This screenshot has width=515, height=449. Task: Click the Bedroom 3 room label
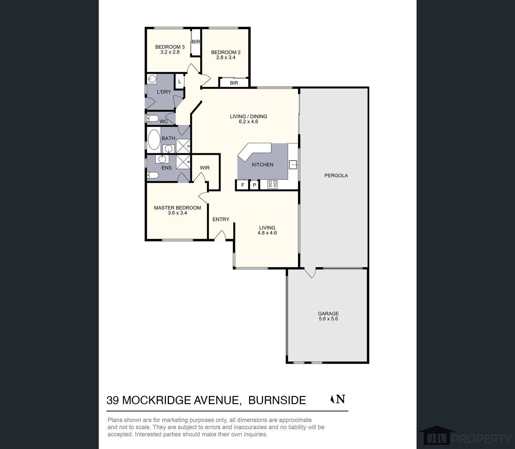(170, 47)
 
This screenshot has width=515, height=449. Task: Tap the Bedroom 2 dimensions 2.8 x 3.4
(226, 57)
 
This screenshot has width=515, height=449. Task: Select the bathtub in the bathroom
(154, 139)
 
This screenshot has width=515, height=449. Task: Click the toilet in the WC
(153, 119)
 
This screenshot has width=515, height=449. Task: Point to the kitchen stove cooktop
(273, 184)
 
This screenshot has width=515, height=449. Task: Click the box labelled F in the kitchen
(243, 185)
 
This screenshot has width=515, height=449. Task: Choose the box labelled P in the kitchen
(254, 185)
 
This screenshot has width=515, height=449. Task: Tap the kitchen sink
(293, 165)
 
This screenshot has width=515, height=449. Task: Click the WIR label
(205, 168)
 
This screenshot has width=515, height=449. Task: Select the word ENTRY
(221, 219)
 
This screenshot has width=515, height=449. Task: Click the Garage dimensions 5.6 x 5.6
(328, 319)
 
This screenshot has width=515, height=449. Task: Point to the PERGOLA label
(336, 176)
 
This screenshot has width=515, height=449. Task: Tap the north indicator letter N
(341, 399)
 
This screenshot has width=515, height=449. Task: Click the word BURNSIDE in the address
(277, 400)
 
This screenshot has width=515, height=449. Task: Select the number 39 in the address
(113, 400)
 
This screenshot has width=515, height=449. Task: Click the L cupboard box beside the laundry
(180, 82)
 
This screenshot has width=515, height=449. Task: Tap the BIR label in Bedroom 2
(234, 83)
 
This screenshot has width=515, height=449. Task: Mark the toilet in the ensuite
(153, 175)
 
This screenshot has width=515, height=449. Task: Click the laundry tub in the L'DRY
(152, 79)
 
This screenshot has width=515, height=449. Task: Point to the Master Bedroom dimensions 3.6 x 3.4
(177, 213)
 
